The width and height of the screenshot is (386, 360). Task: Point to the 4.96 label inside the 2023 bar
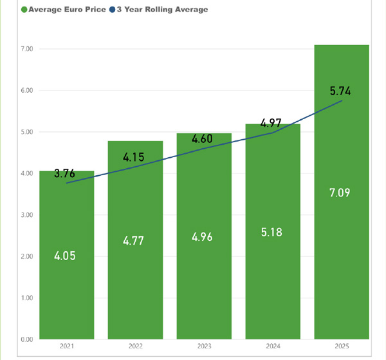tap(204, 236)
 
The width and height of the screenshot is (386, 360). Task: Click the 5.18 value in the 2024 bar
tap(273, 232)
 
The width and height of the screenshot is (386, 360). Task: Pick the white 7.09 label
tap(341, 193)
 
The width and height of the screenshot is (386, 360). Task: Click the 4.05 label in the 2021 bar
tap(66, 256)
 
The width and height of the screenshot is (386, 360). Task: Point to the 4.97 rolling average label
tap(271, 122)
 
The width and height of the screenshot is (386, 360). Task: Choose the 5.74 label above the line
tap(340, 91)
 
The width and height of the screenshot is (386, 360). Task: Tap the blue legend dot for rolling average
tap(112, 10)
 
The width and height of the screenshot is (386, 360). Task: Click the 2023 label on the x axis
tap(204, 346)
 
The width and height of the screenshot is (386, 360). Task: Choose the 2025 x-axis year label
tap(341, 346)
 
